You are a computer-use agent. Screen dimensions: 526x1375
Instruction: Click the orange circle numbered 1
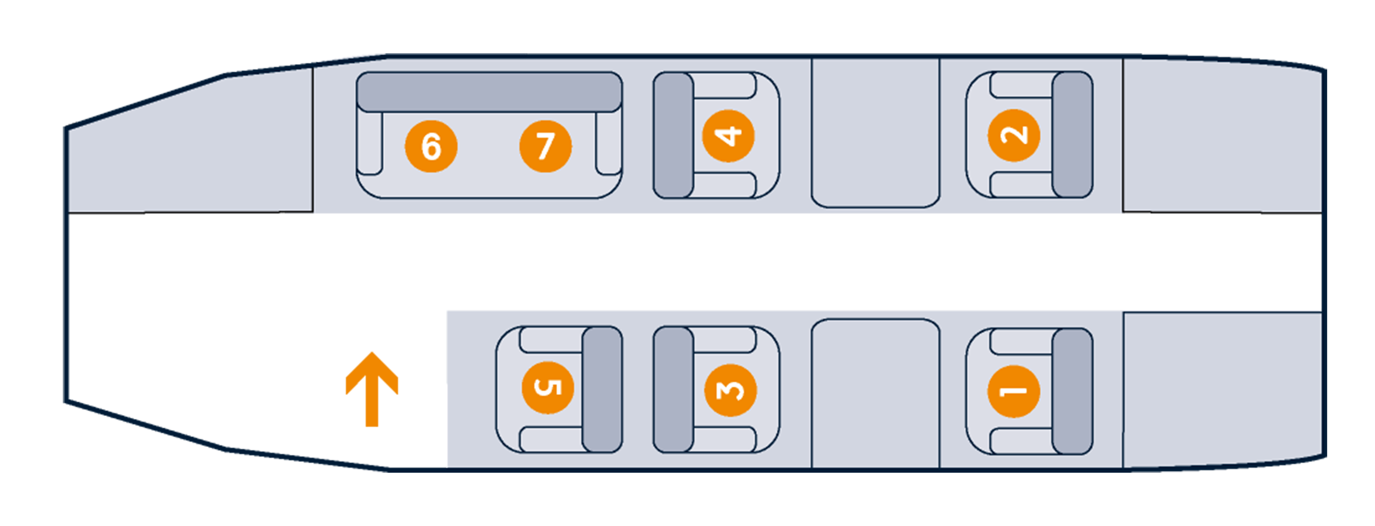1013,391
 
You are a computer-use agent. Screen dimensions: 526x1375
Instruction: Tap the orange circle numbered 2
1013,135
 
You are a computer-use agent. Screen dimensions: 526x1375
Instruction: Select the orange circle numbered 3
731,390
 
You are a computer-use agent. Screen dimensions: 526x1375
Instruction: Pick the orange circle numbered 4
728,136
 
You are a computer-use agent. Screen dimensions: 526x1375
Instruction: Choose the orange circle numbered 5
547,387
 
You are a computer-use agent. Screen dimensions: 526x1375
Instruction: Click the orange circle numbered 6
431,146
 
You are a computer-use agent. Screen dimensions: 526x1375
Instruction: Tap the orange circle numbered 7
545,146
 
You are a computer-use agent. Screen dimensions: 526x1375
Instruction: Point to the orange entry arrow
372,388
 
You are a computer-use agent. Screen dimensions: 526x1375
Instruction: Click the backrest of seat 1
1072,391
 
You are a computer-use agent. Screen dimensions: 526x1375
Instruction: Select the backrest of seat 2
1072,135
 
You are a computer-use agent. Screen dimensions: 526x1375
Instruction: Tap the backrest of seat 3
673,390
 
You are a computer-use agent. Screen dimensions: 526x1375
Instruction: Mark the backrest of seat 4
673,135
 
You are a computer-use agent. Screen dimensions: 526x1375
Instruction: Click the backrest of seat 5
602,389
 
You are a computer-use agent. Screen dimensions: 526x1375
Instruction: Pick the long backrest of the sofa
489,92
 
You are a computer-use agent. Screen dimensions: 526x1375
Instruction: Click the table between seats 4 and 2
875,133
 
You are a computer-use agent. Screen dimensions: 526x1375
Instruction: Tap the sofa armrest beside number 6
369,144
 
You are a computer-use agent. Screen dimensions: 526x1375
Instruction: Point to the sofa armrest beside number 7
609,144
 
